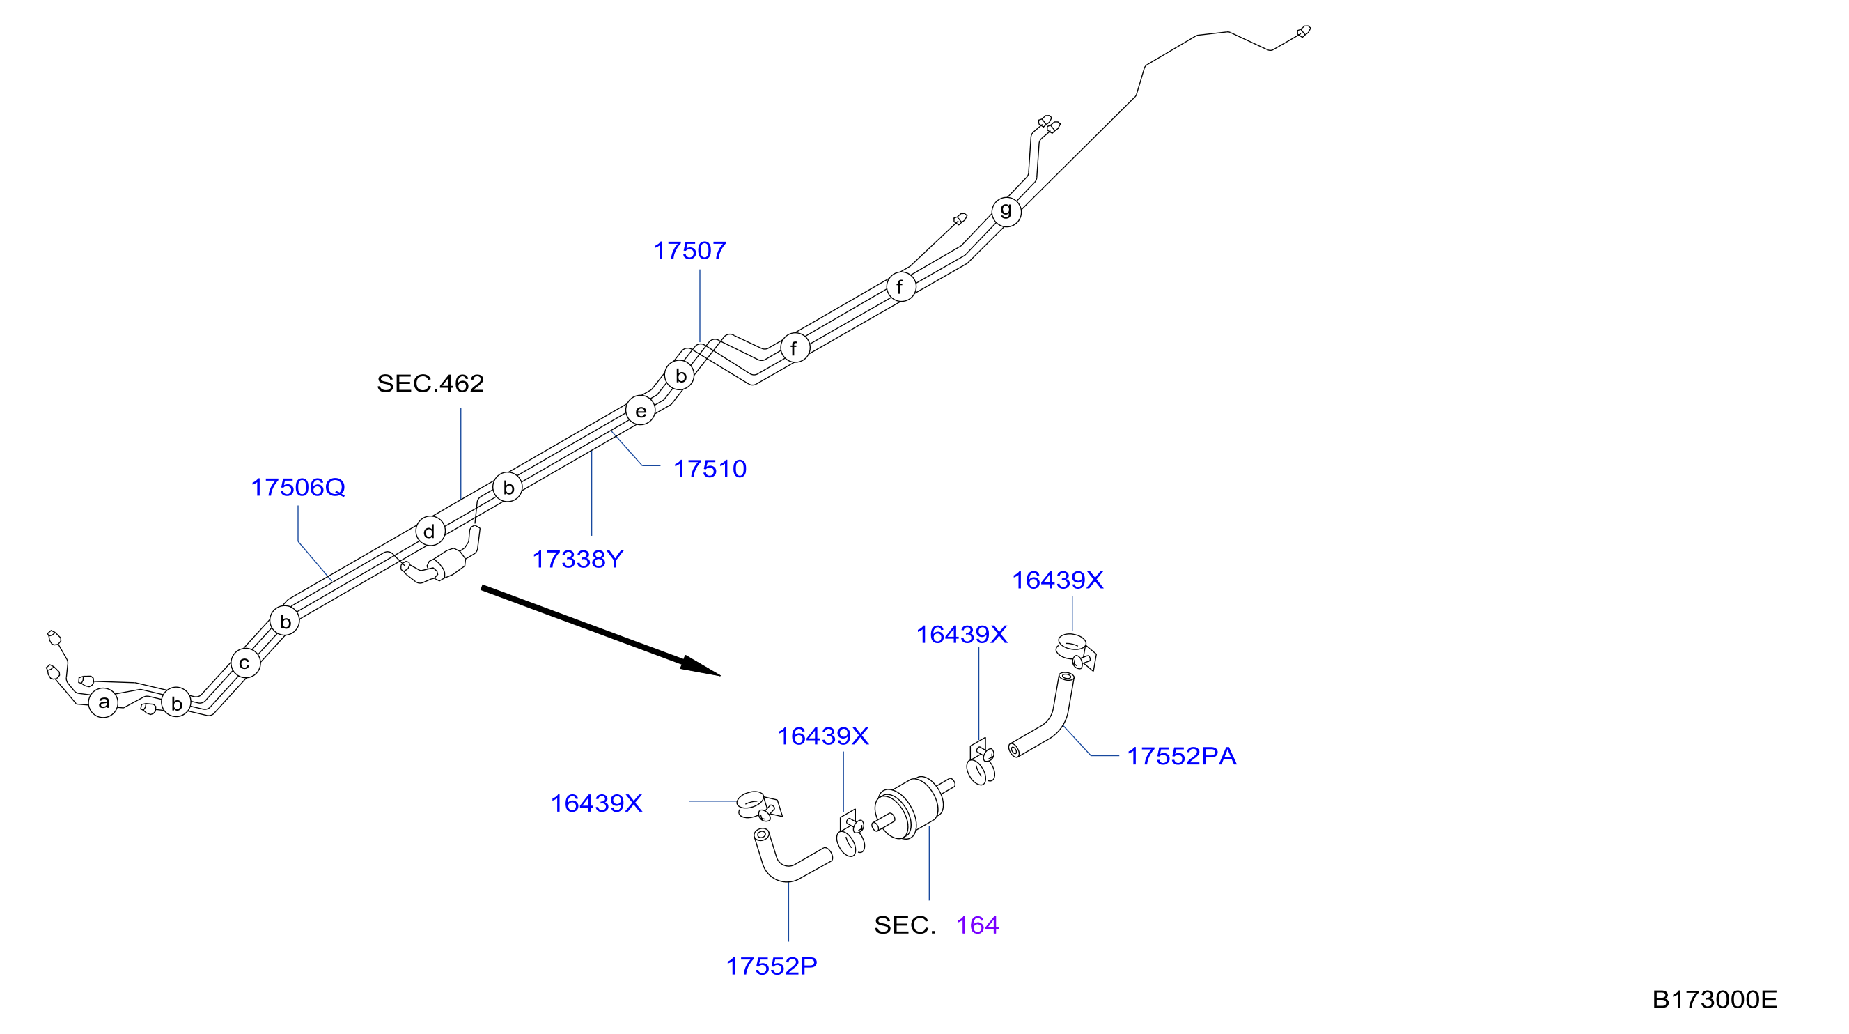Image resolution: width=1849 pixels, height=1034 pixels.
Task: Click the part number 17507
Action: click(689, 251)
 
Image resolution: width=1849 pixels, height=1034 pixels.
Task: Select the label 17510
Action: click(709, 469)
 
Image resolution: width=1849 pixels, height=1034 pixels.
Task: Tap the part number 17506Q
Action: click(298, 488)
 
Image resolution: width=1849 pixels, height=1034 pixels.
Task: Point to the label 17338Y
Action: click(578, 560)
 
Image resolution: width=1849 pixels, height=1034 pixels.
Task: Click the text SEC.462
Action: click(430, 383)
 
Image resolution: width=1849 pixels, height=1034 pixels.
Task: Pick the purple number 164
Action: click(977, 925)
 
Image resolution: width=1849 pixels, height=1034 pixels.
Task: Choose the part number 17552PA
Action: click(1181, 756)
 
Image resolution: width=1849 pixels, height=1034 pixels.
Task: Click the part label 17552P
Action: click(771, 966)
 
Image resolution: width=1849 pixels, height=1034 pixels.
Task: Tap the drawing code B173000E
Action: click(1714, 1000)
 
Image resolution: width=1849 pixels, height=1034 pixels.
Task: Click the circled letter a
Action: click(103, 702)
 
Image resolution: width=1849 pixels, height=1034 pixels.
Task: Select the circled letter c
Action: click(244, 663)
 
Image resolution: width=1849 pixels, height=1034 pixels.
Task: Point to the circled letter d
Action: click(430, 532)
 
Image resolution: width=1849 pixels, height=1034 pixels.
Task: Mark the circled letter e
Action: click(640, 410)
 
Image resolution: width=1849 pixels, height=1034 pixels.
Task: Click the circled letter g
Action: click(1006, 211)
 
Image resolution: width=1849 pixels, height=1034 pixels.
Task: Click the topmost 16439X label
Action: click(1057, 580)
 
